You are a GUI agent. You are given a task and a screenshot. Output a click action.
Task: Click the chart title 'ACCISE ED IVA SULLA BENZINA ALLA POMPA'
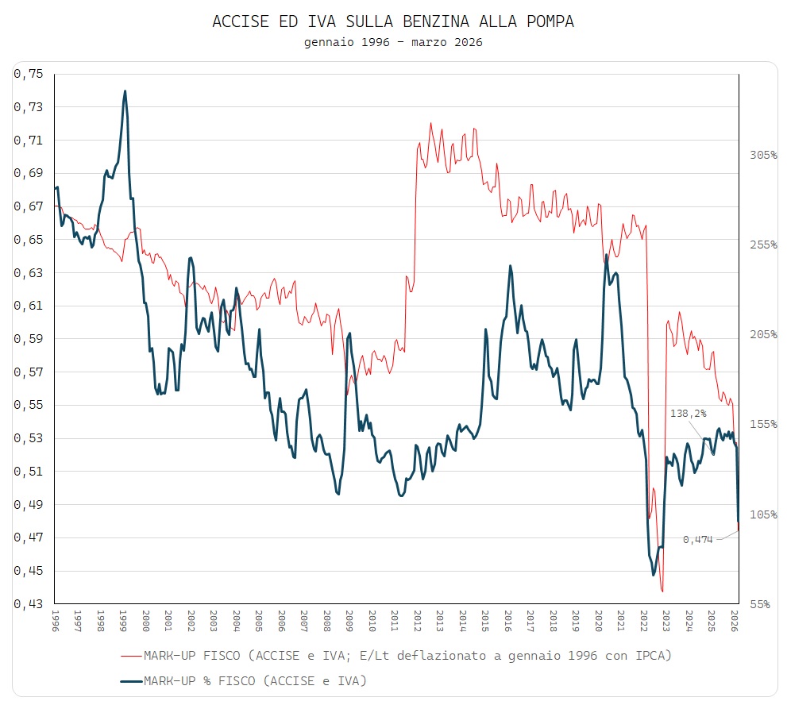click(393, 22)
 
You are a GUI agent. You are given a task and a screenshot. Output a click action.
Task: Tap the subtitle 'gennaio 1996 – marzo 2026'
click(393, 42)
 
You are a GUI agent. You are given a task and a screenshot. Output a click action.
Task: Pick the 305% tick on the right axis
click(763, 155)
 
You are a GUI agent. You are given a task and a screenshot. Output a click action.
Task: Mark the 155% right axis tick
click(763, 425)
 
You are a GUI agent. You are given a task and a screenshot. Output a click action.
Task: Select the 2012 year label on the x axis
click(417, 620)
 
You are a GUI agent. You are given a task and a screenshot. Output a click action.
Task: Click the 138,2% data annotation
click(688, 414)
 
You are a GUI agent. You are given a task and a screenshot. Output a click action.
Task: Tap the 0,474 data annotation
click(698, 540)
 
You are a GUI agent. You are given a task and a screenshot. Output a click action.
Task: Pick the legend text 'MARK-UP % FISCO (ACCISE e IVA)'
click(255, 681)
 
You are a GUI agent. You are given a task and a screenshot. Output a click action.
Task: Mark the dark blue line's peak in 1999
click(125, 91)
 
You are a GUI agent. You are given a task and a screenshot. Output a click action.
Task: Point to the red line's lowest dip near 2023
click(662, 591)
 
